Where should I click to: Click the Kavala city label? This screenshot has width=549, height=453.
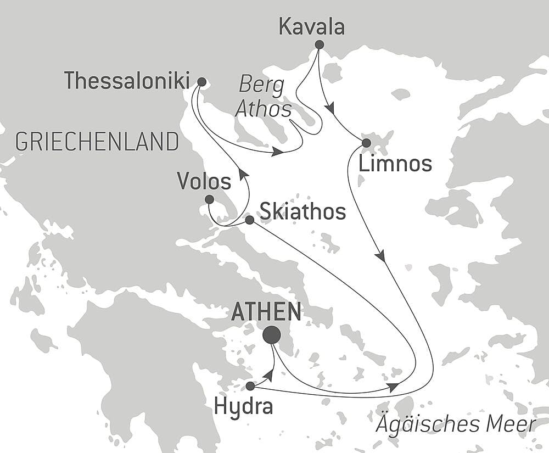coord(312,27)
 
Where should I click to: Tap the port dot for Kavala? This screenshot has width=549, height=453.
coord(319,44)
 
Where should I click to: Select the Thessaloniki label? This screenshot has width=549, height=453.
coord(126,81)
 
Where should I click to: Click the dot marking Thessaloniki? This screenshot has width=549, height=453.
coord(201,82)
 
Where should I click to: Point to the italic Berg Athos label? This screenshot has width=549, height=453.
coord(264,97)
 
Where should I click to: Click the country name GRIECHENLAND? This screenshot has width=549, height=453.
coord(97,142)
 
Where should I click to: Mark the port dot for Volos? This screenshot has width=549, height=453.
coord(209,199)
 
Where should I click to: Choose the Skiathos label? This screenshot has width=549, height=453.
coord(302,211)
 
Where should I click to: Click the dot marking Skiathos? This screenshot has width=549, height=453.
coord(249,220)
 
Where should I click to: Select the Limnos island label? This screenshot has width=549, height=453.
coord(396,164)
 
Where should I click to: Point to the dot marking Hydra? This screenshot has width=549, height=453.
coord(250,386)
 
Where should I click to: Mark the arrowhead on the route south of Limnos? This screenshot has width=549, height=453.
coord(380,256)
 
